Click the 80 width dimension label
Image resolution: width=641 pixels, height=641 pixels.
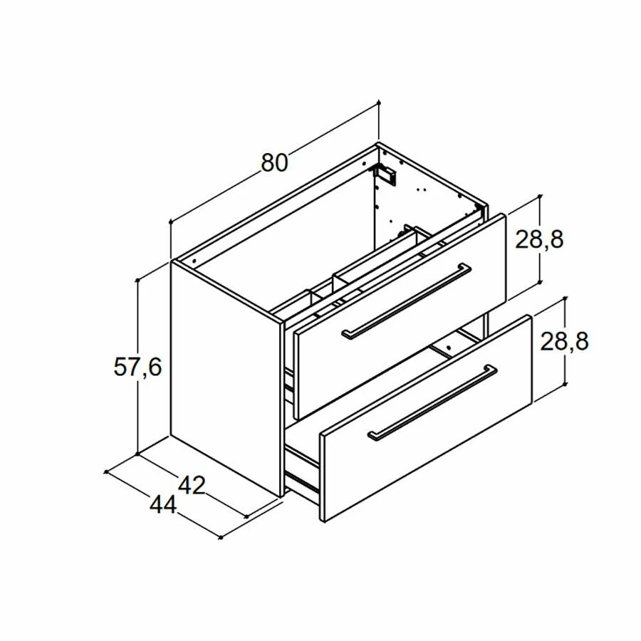pos(274,163)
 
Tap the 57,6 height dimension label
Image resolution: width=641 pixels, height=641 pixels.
pos(138,367)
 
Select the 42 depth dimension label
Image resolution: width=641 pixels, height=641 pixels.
pos(191,486)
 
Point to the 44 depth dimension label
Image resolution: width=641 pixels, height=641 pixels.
pos(163,504)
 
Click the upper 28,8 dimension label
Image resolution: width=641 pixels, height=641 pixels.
pos(540,240)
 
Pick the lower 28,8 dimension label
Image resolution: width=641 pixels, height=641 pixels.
pos(565,342)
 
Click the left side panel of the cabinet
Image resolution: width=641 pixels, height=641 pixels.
pos(224,377)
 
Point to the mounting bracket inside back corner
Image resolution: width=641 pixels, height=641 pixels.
pos(385,173)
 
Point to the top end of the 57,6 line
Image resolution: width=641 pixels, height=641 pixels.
pos(138,281)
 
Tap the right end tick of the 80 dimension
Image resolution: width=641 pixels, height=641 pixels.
pos(379,104)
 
